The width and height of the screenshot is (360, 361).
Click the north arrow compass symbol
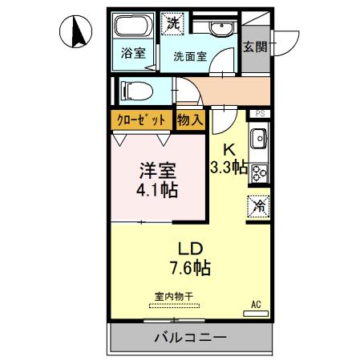click(x=76, y=31)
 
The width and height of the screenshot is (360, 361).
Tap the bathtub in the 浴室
click(x=134, y=26)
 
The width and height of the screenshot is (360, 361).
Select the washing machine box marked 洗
click(x=173, y=23)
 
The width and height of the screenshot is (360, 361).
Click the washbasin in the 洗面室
click(x=221, y=28)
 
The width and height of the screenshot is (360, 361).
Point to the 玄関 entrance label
click(x=255, y=47)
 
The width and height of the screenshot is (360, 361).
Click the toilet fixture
click(x=137, y=91)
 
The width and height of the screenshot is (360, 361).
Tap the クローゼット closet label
click(x=142, y=120)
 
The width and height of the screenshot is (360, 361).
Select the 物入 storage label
click(x=190, y=120)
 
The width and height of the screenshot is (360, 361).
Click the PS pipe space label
click(x=260, y=113)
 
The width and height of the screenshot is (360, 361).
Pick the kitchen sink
click(x=259, y=138)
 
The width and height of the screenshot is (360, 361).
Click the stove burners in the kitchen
click(x=260, y=172)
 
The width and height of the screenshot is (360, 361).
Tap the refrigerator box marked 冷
click(x=258, y=206)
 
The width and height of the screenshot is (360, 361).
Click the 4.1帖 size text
click(x=157, y=190)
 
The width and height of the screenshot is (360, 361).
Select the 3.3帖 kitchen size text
click(x=229, y=168)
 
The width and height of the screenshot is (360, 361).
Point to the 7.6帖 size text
click(x=191, y=268)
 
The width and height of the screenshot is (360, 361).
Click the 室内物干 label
click(x=174, y=297)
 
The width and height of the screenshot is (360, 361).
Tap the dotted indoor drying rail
click(x=174, y=306)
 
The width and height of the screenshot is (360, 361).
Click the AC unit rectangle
click(x=256, y=314)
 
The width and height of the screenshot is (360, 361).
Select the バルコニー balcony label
click(x=191, y=338)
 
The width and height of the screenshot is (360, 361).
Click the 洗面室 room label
click(x=190, y=56)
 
